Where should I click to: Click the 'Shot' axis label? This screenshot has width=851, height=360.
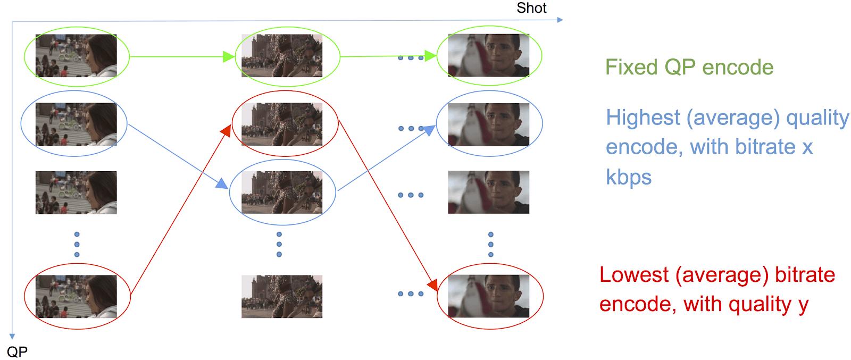[531, 8]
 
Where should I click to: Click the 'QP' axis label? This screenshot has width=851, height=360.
[17, 351]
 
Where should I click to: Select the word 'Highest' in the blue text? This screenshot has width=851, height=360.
[643, 118]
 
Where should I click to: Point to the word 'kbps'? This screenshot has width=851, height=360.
[628, 177]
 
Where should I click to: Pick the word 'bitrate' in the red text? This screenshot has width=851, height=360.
[805, 275]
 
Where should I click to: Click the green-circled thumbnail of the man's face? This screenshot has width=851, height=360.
[488, 56]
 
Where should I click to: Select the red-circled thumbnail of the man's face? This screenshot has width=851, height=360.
[488, 296]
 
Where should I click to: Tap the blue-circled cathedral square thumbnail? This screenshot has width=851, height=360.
[282, 192]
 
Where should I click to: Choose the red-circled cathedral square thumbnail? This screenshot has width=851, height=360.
[282, 124]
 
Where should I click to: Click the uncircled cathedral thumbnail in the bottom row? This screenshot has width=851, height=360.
[282, 296]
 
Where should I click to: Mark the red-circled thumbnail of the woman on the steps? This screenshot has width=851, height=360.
[76, 296]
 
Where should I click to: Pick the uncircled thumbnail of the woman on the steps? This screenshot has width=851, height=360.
[76, 192]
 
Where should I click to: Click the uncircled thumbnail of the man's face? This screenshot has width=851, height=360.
[488, 192]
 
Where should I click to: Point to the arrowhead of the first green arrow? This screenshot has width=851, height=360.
[229, 56]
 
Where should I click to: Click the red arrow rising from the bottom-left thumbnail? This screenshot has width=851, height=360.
[181, 207]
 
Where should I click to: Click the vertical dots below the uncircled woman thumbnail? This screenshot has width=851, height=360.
[77, 244]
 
